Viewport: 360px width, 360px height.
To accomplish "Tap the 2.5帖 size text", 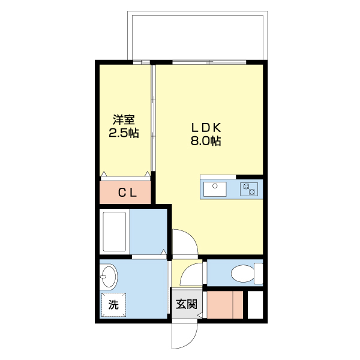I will tap(124, 133).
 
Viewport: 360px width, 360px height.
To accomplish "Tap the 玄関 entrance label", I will tap(187, 304).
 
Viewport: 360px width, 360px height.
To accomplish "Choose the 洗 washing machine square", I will tap(114, 304).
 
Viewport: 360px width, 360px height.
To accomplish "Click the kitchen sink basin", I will tap(214, 189).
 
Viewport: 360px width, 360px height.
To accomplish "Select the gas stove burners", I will tap(249, 189).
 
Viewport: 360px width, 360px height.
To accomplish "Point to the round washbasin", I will tap(109, 277).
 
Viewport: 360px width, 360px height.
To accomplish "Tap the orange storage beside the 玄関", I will tap(225, 305).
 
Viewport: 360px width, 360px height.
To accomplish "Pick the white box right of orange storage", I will tap(256, 305).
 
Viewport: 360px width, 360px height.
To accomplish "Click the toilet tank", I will tap(259, 274).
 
